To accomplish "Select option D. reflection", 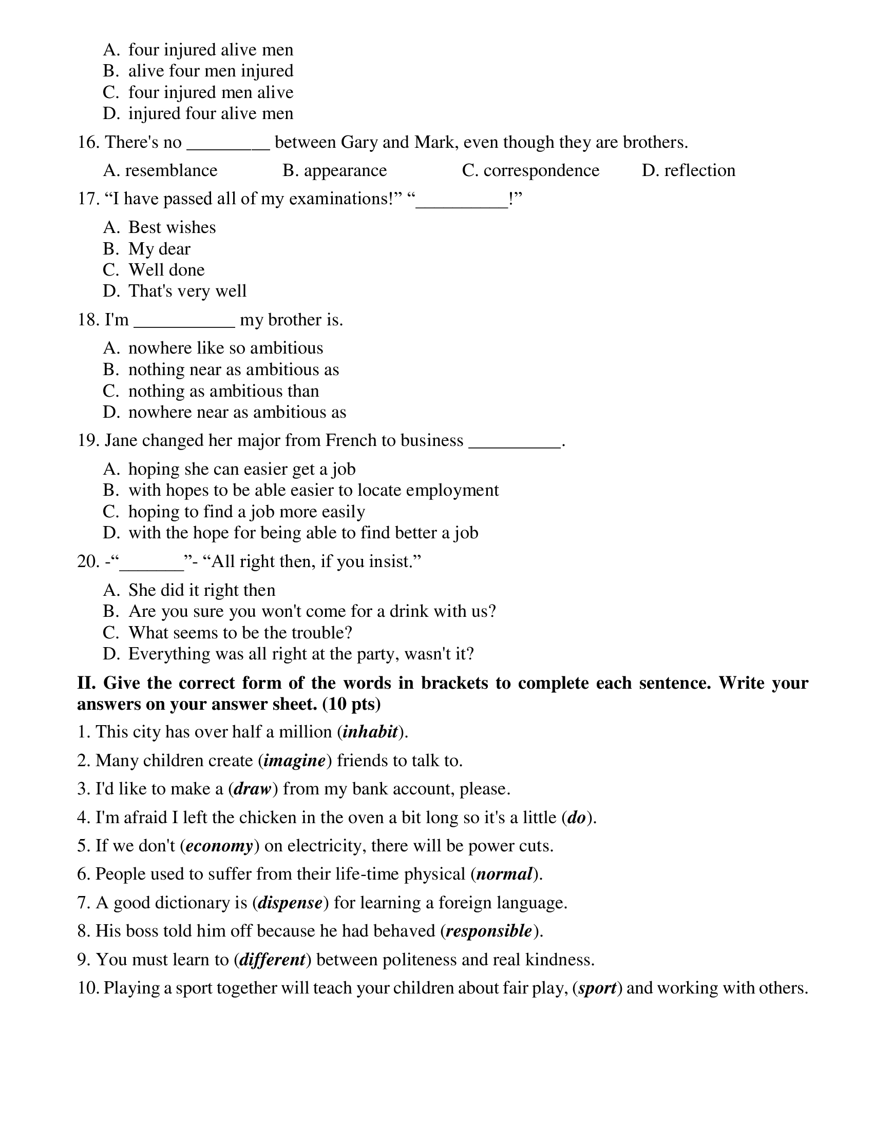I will click(x=688, y=170).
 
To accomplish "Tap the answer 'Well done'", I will click(x=166, y=270).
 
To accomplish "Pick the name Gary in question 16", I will click(x=359, y=142).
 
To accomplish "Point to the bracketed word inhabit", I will click(x=370, y=732).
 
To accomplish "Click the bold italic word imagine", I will click(x=294, y=761).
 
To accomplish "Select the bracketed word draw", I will click(x=252, y=789).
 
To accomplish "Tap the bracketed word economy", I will click(x=219, y=846).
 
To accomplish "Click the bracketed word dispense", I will click(x=290, y=903).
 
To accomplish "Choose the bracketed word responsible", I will click(x=489, y=931).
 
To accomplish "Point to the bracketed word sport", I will click(x=597, y=988).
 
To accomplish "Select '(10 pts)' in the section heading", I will click(x=351, y=704).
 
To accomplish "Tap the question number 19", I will click(x=88, y=440).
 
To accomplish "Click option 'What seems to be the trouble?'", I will click(x=240, y=633).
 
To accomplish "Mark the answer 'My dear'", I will click(x=159, y=249).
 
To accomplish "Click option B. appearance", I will click(x=335, y=170).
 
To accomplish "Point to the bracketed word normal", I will click(x=504, y=874).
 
